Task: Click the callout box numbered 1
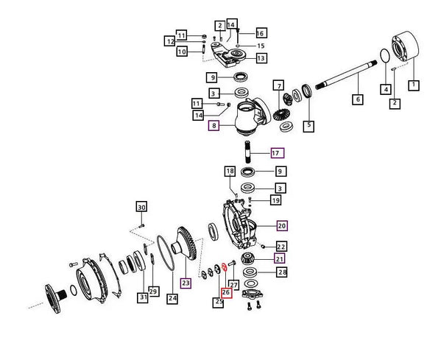[x=414, y=85]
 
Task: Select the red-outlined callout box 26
[x=226, y=292]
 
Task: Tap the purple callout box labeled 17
[x=278, y=153]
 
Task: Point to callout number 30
[x=141, y=207]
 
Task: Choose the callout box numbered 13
[x=261, y=58]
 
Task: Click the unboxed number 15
[x=261, y=46]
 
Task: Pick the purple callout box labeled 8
[x=213, y=126]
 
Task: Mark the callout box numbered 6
[x=358, y=99]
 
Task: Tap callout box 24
[x=172, y=298]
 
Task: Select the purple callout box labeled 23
[x=186, y=283]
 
